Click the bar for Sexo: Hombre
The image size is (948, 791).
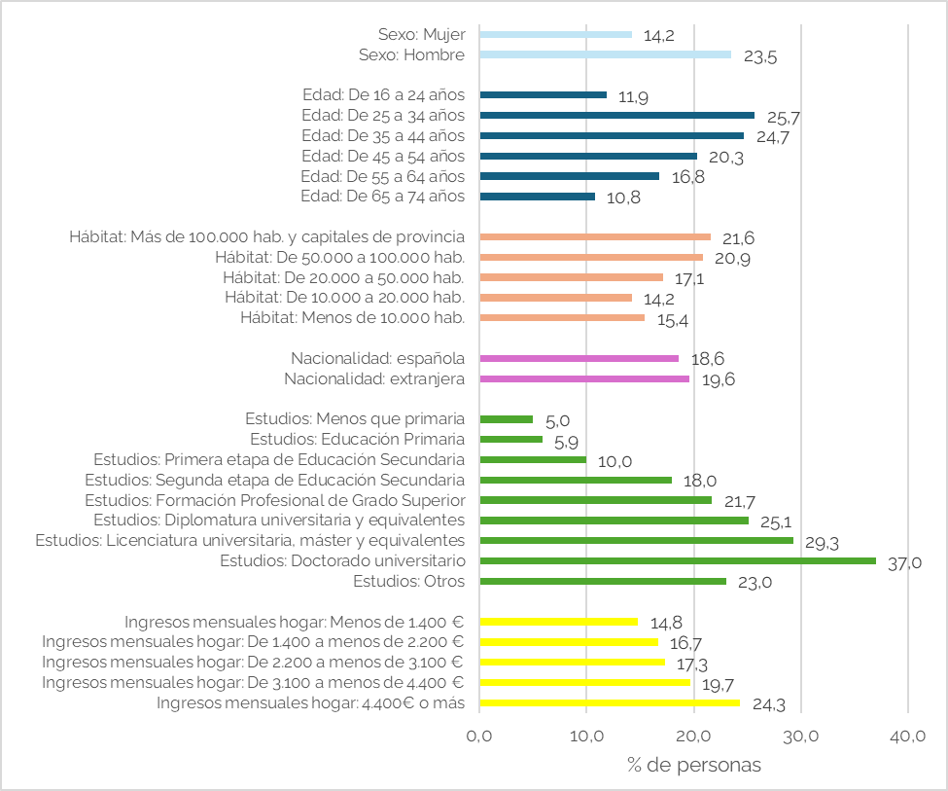click(x=605, y=54)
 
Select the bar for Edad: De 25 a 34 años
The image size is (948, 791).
click(x=617, y=115)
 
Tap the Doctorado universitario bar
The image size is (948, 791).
click(x=678, y=561)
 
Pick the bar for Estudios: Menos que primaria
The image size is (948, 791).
click(x=507, y=419)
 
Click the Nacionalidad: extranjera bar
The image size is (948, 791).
click(x=584, y=378)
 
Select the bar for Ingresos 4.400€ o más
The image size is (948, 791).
click(x=610, y=702)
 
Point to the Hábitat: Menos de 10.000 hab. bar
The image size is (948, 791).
click(x=562, y=318)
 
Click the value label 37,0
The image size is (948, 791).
click(x=904, y=563)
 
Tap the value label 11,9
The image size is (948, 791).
click(x=633, y=97)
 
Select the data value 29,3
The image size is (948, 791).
click(x=822, y=543)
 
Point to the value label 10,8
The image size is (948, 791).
click(x=623, y=198)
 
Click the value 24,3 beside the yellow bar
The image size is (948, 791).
click(x=769, y=704)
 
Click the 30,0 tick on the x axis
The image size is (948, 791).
click(x=801, y=736)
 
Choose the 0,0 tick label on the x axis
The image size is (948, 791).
click(x=479, y=736)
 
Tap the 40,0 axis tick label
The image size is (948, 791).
click(x=908, y=736)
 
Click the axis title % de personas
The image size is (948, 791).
click(x=694, y=765)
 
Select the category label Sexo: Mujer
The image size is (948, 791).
click(x=422, y=34)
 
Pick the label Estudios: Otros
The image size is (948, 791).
click(x=409, y=581)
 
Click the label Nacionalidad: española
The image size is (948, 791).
click(x=378, y=358)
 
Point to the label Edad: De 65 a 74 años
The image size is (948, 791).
click(x=383, y=197)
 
